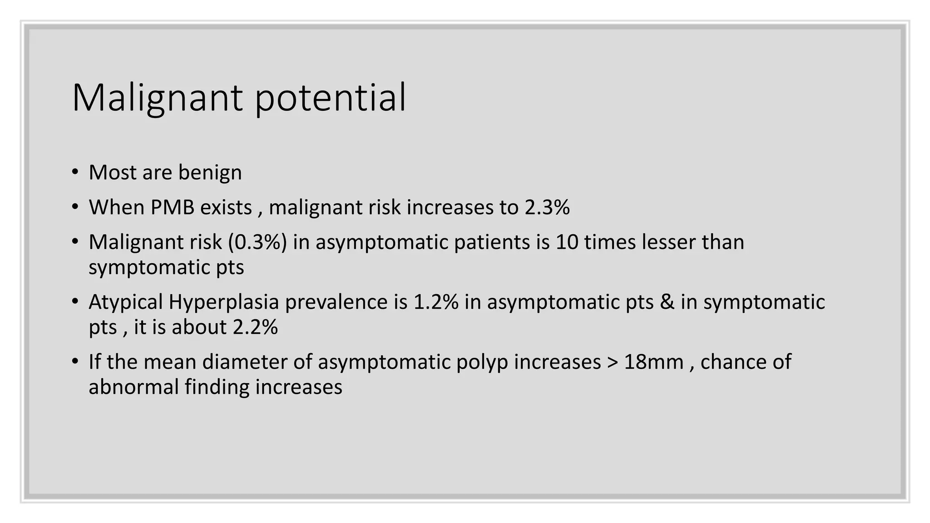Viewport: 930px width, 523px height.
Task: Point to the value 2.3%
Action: coord(547,207)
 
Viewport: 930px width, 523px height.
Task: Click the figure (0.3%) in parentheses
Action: coord(257,242)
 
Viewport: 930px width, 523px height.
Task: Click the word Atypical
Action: coord(125,302)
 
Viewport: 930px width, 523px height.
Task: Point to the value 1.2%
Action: coord(436,302)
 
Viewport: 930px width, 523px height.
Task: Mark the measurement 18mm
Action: coord(653,362)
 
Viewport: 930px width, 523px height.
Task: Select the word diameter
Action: coord(257,362)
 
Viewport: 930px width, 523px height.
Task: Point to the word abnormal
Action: coord(134,387)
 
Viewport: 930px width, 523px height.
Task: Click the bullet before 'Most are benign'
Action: coord(75,173)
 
